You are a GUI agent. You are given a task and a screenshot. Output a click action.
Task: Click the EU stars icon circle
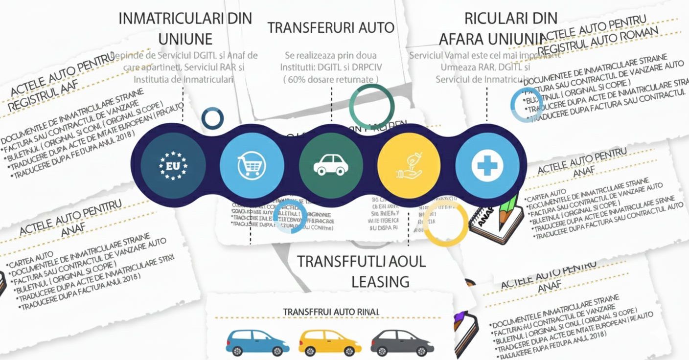point(173,165)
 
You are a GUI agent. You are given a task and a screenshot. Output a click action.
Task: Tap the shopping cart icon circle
point(252,165)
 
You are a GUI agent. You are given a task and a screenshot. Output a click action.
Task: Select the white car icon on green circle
point(331,165)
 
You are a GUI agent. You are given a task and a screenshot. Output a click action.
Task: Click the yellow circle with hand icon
point(409,165)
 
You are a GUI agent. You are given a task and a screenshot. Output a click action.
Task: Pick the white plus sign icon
point(487,165)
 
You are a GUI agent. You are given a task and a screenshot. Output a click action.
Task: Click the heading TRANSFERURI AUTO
point(331,28)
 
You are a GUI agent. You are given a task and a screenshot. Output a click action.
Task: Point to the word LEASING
point(380,281)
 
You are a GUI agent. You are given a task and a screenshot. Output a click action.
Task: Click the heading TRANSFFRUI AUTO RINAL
point(331,312)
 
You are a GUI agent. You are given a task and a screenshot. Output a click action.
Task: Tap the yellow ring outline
point(445,224)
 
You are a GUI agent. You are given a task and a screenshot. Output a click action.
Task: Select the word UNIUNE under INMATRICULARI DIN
point(185,39)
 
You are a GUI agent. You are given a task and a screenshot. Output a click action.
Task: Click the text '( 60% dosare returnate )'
point(331,79)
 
